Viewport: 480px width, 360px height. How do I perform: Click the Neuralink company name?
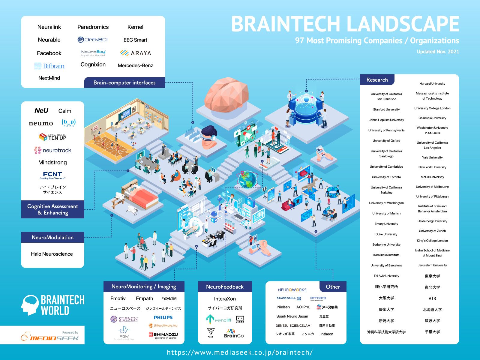[49, 27]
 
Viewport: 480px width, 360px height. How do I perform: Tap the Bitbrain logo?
[49, 66]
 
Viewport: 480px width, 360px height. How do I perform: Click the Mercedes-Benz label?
[135, 65]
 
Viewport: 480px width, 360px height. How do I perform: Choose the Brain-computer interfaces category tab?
[124, 82]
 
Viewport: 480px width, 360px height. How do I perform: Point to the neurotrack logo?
[53, 150]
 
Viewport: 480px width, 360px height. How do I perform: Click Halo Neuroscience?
[52, 254]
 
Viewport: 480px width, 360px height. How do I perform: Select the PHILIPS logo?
[163, 317]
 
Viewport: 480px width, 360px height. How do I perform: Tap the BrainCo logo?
[234, 334]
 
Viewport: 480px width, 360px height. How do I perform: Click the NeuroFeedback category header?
[225, 287]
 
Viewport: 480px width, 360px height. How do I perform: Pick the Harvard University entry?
[432, 84]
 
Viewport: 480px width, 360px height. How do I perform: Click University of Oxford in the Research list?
[386, 141]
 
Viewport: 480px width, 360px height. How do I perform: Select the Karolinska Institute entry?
[386, 255]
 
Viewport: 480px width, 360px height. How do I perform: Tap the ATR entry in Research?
[432, 298]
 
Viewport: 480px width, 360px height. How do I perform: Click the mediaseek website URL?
[240, 352]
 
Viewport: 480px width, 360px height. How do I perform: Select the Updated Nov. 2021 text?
[438, 52]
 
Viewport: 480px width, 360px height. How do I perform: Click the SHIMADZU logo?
[163, 335]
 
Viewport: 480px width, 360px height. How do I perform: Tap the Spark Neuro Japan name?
[292, 316]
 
